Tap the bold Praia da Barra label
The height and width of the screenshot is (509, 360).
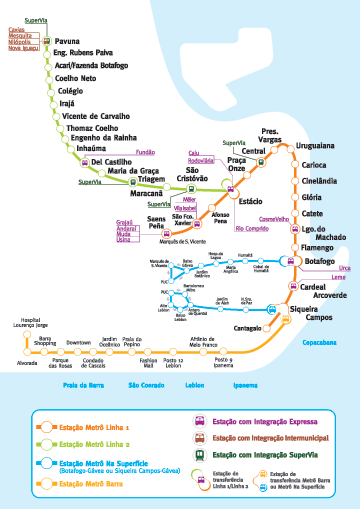[x=85, y=412]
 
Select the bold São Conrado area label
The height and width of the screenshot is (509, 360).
[x=147, y=412]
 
